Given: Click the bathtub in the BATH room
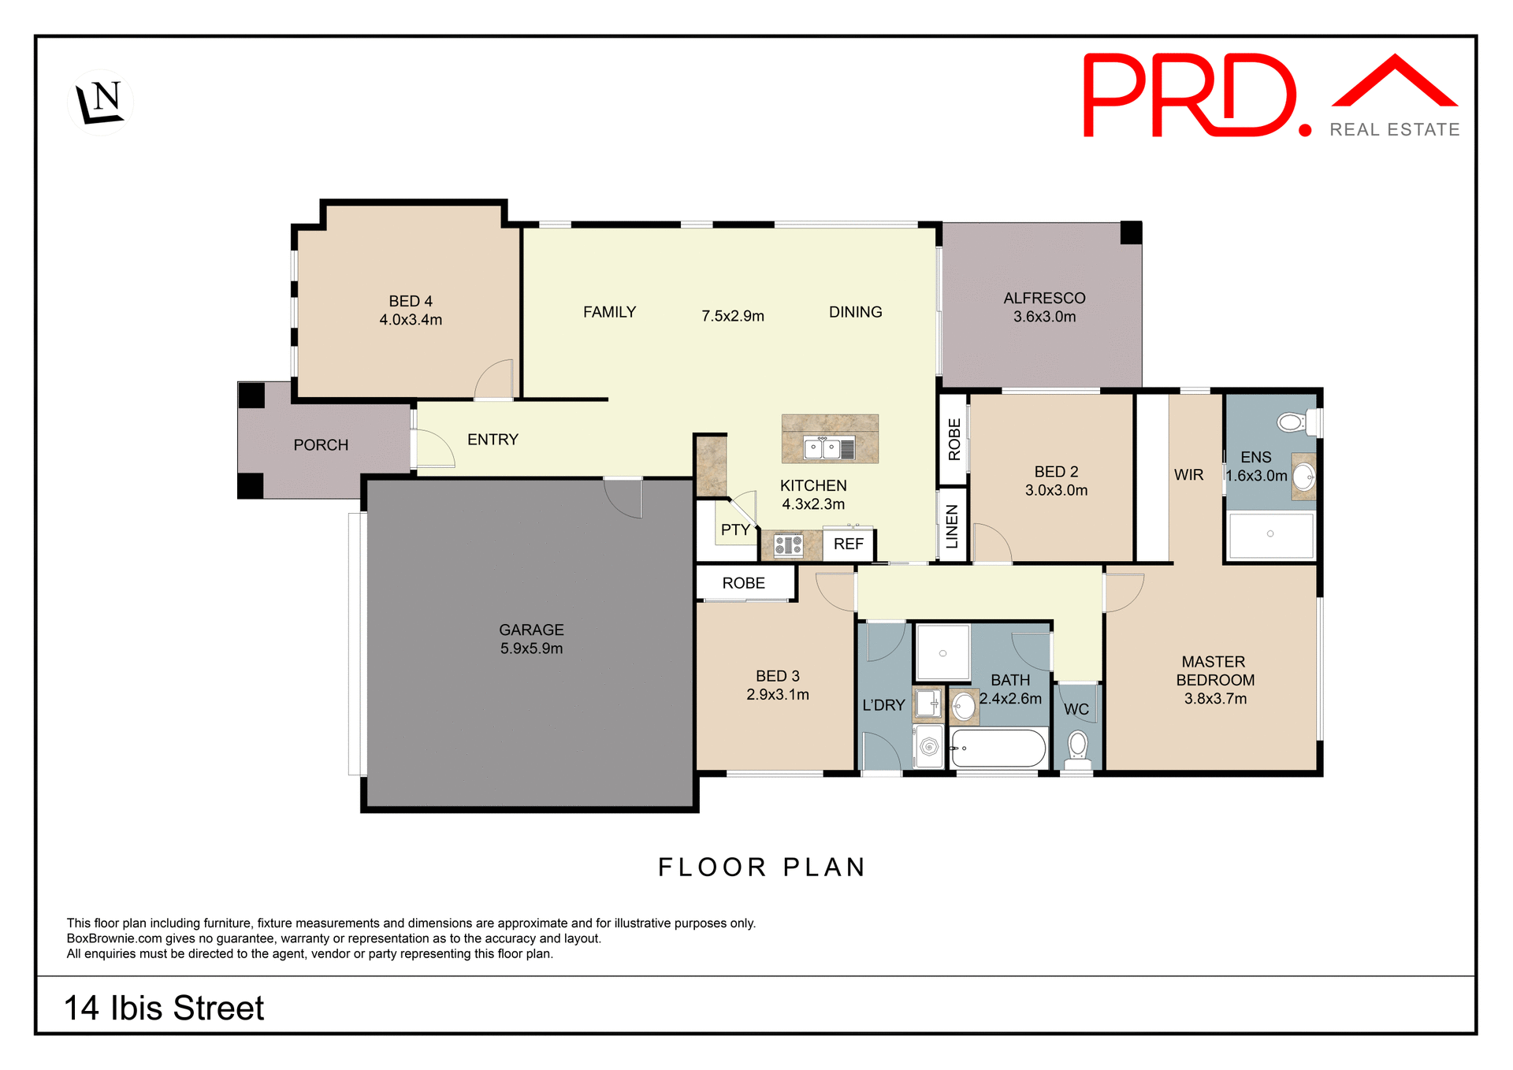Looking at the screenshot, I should pos(998,748).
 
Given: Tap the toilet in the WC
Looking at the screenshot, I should pos(1077,747).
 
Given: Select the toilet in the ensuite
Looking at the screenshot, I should pos(1292,422).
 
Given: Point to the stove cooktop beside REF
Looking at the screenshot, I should pos(788,544).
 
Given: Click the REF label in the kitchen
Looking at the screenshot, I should pos(848,544).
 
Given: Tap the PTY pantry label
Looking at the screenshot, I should pos(734,530).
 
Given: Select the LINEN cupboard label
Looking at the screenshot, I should pos(952,526).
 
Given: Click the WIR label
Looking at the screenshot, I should pos(1188,474).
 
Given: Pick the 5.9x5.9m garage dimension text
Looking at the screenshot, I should pos(531,648).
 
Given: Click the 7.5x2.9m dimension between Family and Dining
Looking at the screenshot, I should pos(733,316).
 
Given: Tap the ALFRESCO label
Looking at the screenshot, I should pos(1044,298).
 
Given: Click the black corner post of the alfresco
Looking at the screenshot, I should pos(1131,232).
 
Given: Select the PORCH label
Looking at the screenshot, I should pos(321,445).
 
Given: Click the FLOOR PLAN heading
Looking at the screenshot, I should pos(762,867).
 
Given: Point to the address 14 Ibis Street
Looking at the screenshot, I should pos(164,1008).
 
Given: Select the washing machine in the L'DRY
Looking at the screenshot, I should pos(929,746).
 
